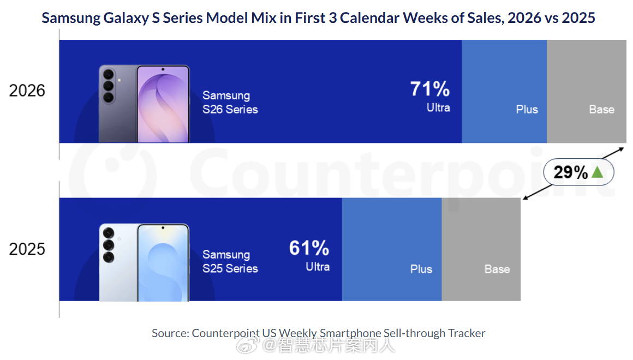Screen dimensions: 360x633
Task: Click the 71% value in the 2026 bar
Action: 430,89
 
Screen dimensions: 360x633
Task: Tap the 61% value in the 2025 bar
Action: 309,248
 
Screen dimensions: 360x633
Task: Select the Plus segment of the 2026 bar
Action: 504,91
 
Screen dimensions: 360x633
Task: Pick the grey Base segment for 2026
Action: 587,91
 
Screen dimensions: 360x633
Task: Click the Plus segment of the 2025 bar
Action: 392,249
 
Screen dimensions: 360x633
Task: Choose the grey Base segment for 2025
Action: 481,249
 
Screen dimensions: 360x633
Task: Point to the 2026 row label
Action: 27,91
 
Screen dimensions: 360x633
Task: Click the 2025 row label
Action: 27,249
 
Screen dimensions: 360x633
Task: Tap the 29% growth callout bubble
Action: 578,172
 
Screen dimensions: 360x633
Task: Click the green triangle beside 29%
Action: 597,172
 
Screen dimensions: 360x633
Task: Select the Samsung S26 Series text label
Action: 230,103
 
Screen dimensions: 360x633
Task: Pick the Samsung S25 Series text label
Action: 230,261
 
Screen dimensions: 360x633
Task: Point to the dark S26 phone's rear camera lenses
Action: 108,86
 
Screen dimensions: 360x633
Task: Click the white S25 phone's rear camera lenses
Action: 108,244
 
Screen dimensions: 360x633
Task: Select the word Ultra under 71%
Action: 438,107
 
